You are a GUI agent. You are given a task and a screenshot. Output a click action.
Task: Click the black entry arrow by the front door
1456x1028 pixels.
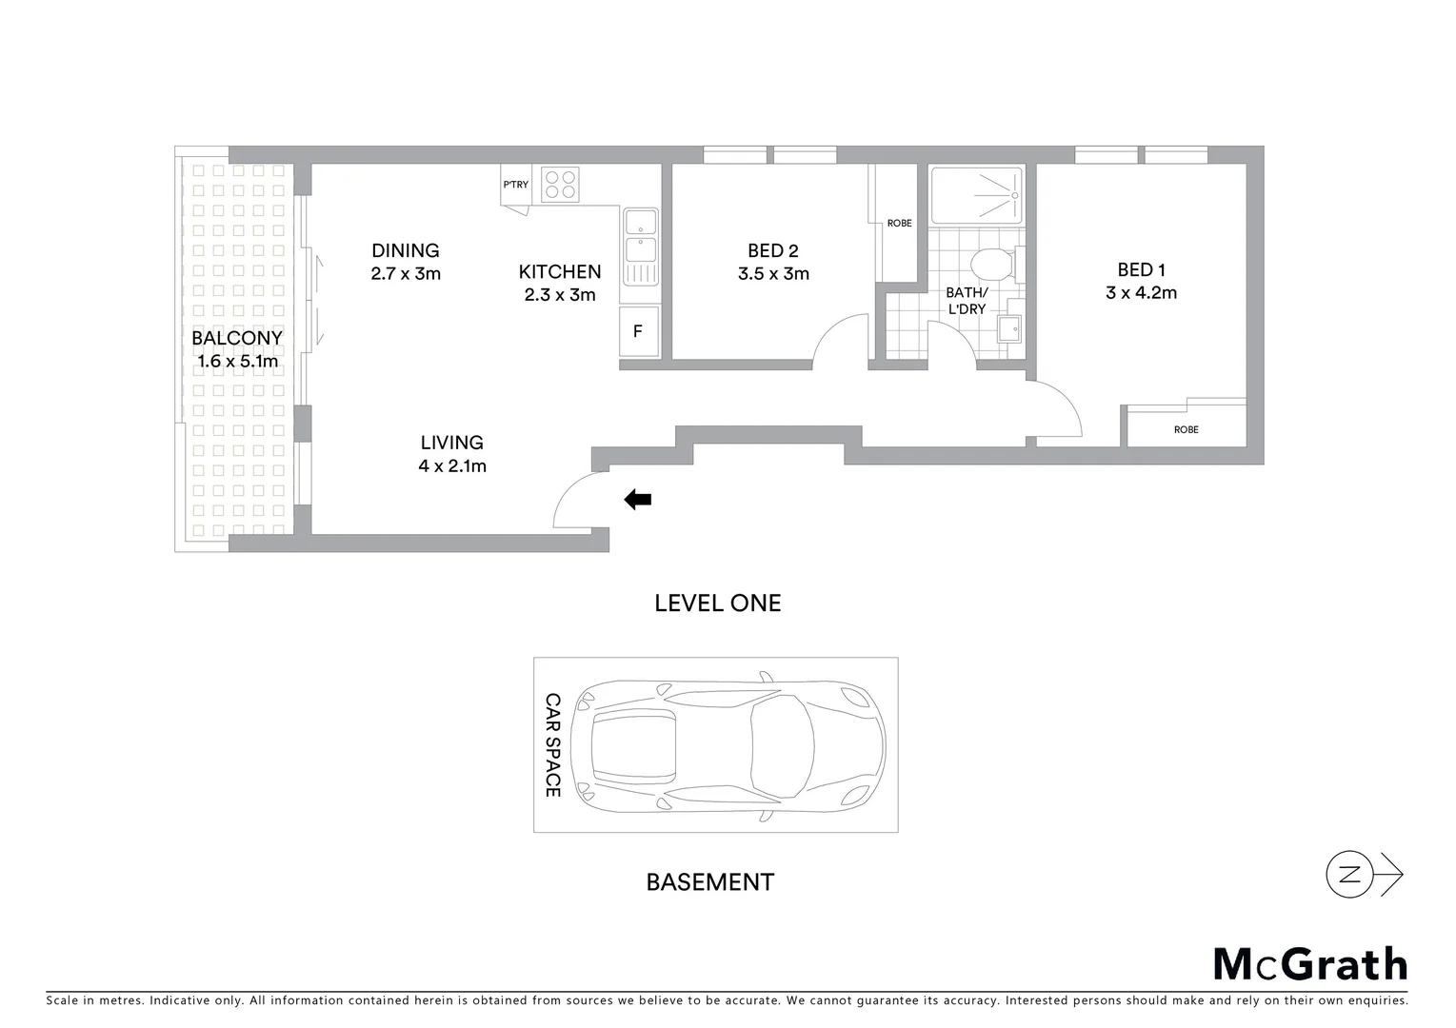(637, 500)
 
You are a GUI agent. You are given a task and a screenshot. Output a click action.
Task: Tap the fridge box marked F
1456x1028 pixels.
(638, 332)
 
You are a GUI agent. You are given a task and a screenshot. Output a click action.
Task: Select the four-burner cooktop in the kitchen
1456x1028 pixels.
(560, 185)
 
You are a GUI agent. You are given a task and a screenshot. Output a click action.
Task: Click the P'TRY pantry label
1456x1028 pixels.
(515, 185)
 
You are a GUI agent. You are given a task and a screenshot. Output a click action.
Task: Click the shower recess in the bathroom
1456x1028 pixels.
(976, 196)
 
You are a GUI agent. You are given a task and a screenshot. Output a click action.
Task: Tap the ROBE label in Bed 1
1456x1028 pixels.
(1186, 429)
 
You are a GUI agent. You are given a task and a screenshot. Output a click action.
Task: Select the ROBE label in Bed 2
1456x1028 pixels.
(899, 224)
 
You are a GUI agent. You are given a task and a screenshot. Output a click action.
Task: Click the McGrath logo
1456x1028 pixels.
(1309, 964)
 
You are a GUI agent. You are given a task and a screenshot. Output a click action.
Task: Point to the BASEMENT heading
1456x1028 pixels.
(709, 882)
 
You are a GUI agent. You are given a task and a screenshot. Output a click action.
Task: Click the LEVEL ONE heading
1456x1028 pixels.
(717, 603)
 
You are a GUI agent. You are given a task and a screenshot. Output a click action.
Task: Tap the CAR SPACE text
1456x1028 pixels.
(552, 744)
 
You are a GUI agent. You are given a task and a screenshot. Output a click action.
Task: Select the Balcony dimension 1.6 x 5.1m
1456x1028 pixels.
(237, 362)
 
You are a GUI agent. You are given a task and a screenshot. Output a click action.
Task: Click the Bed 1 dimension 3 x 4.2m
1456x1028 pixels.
(1141, 293)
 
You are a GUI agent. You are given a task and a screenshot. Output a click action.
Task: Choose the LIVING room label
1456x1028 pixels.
(452, 443)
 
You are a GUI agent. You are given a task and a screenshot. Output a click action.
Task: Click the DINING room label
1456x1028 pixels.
(406, 250)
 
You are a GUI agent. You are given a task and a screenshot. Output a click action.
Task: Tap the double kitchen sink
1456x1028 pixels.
(640, 238)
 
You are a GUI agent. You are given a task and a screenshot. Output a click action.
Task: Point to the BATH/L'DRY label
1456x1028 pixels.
(967, 301)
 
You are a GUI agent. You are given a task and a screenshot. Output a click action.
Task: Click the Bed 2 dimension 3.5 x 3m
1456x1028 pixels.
(773, 274)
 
